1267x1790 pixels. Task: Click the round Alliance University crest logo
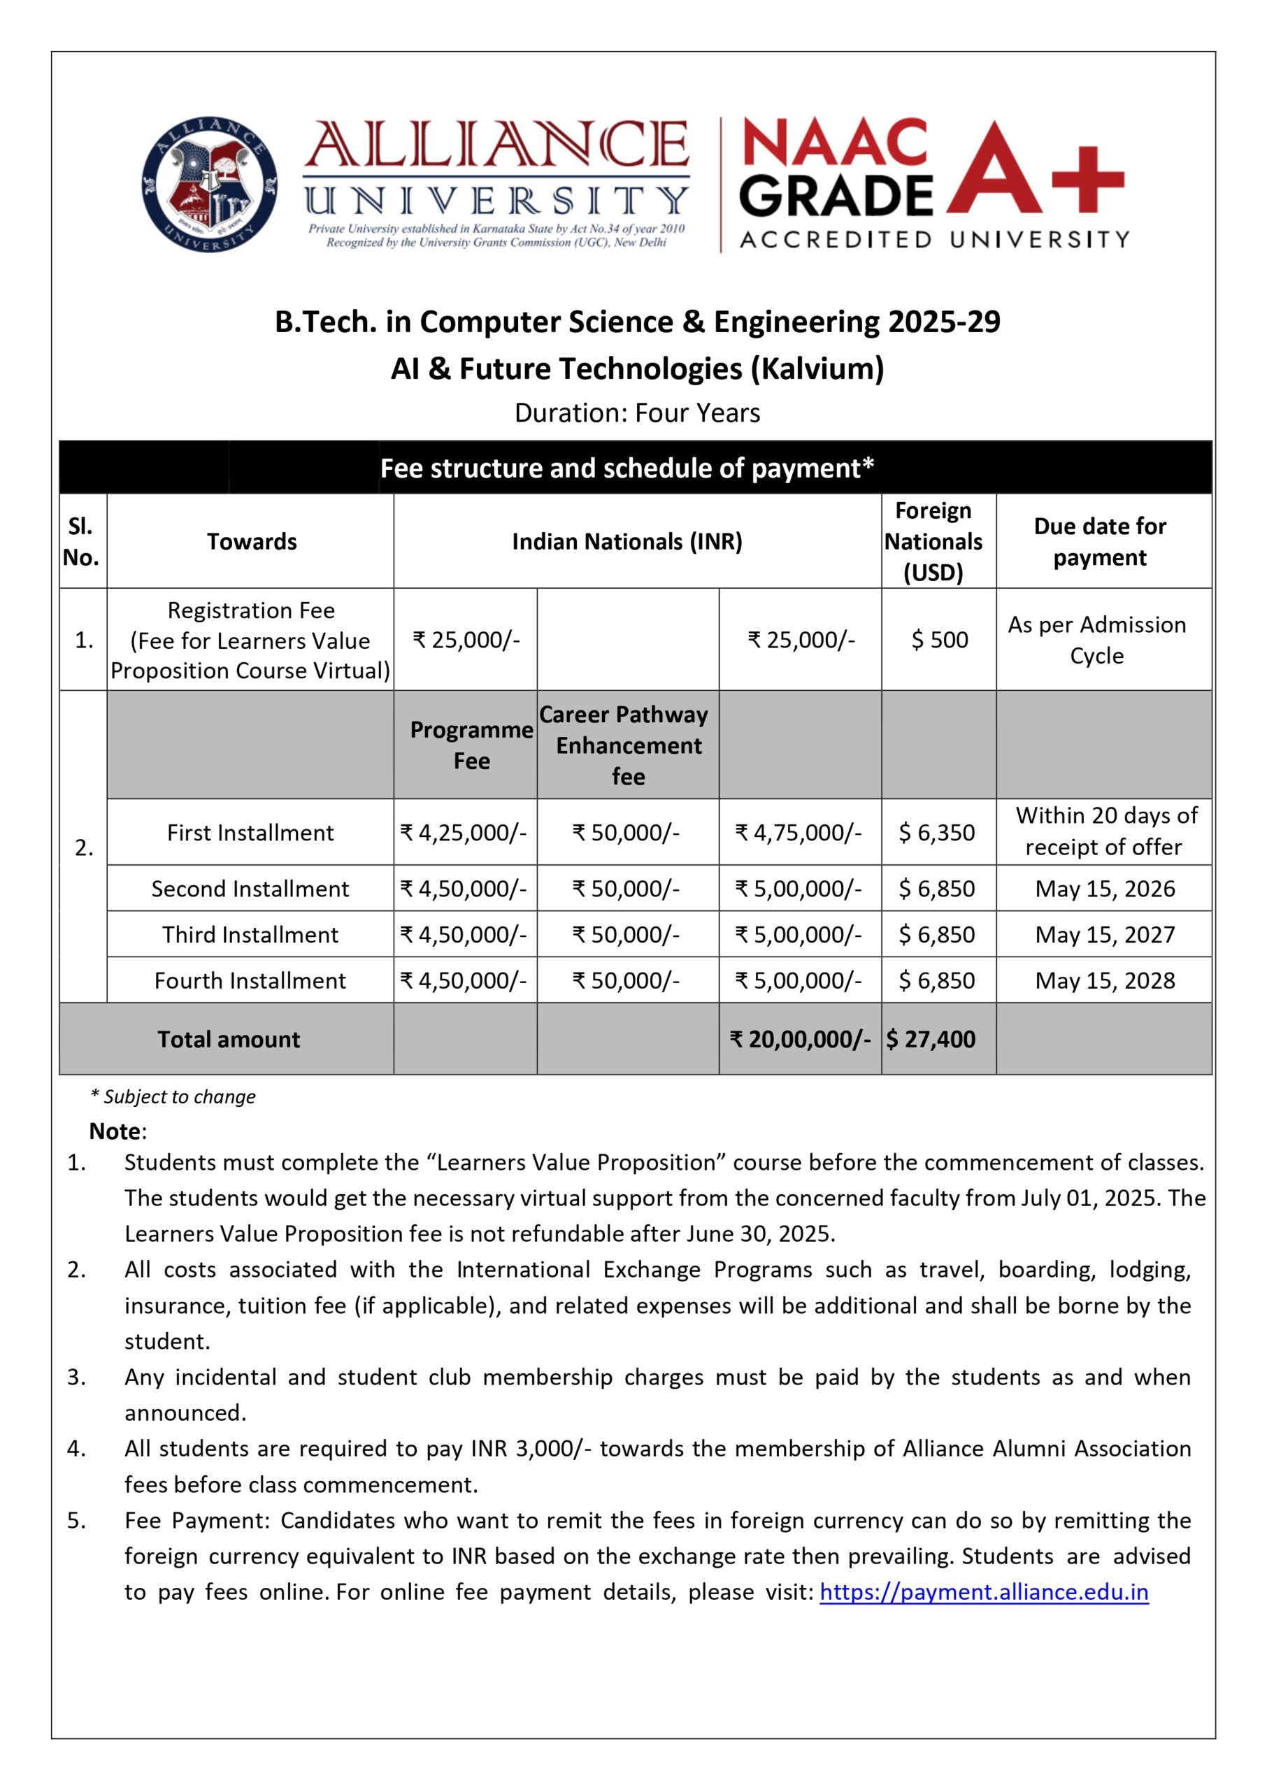(209, 184)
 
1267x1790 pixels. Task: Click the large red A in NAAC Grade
(995, 170)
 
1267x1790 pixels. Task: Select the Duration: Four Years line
(636, 413)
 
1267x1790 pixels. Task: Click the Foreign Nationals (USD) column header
(933, 541)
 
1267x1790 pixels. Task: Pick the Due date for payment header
(1099, 541)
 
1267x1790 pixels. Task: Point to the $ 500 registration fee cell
(939, 640)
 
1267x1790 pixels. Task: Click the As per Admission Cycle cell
(1096, 640)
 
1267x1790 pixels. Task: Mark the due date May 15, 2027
(1104, 934)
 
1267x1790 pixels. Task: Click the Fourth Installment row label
(250, 980)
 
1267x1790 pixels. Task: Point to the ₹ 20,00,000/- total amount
(800, 1039)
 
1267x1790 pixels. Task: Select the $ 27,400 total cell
(931, 1039)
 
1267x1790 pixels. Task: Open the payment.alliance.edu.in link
(983, 1592)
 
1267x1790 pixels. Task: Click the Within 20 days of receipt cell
(1105, 831)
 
